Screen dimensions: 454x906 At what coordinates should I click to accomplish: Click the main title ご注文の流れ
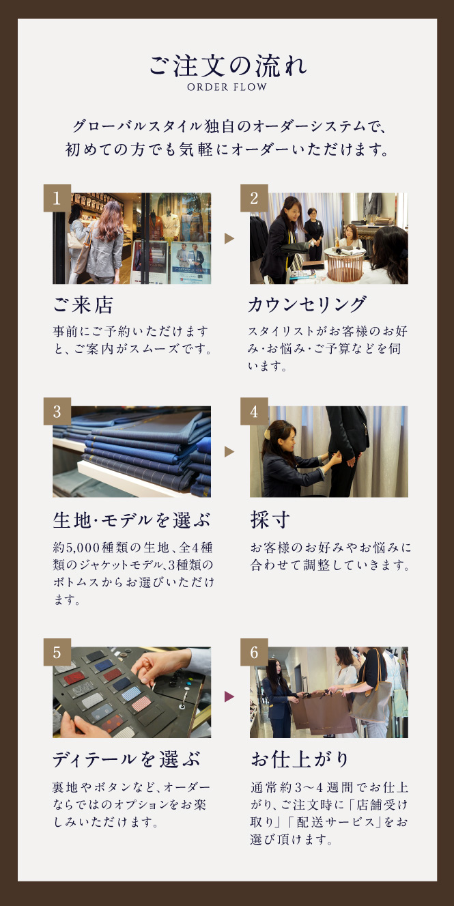[227, 66]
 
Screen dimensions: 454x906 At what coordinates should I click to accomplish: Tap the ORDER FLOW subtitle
[227, 87]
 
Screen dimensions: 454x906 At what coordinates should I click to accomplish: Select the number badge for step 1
[57, 198]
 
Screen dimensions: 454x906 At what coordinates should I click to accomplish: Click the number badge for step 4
[254, 411]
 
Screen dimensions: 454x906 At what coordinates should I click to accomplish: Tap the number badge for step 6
[254, 652]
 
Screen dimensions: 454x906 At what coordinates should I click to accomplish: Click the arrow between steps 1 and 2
[229, 238]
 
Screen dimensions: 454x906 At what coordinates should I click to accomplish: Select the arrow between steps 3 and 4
[229, 452]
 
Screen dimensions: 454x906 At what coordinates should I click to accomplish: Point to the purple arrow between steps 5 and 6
[229, 696]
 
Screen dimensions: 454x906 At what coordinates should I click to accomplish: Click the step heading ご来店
[83, 305]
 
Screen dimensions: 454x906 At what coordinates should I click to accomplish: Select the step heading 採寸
[270, 520]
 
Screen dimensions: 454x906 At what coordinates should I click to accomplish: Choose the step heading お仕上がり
[300, 759]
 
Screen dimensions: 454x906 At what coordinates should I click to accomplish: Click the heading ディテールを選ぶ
[126, 759]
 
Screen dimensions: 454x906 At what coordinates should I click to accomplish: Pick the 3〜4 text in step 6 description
[309, 787]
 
